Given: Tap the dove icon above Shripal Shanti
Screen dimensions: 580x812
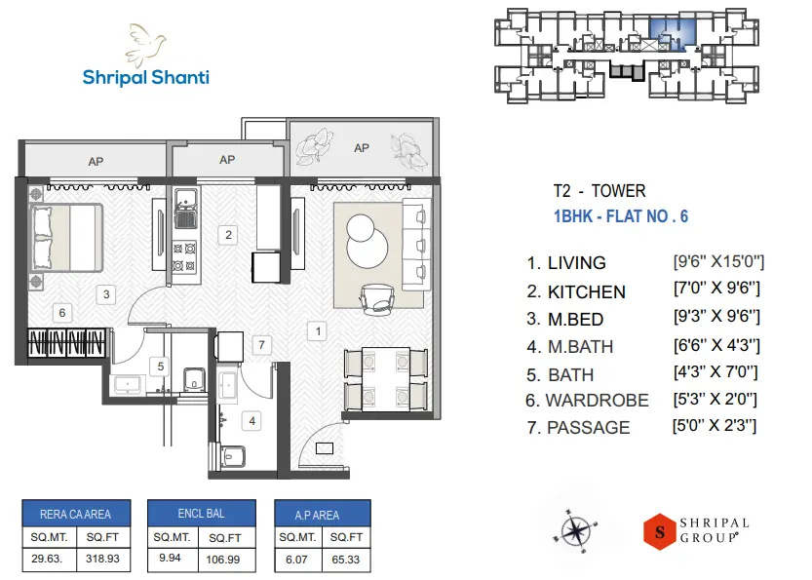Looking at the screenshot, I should pyautogui.click(x=146, y=42).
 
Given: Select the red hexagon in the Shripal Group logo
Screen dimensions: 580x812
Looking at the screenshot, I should pyautogui.click(x=660, y=532).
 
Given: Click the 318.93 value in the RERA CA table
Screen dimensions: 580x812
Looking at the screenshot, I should pyautogui.click(x=101, y=560).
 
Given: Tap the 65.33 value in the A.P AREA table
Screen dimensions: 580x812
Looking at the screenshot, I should pyautogui.click(x=346, y=560).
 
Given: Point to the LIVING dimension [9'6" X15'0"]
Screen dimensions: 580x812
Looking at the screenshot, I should pyautogui.click(x=718, y=261).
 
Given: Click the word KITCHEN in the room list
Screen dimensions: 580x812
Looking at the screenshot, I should pyautogui.click(x=586, y=291).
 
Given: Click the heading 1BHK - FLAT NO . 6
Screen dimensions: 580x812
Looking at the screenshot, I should pyautogui.click(x=621, y=216).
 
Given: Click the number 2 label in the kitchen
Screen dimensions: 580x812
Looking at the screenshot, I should pyautogui.click(x=228, y=234).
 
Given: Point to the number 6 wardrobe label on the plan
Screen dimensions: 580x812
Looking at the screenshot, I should pyautogui.click(x=62, y=313).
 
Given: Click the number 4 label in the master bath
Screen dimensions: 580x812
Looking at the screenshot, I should pyautogui.click(x=252, y=421).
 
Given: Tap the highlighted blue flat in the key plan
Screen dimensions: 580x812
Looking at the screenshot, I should pyautogui.click(x=672, y=31).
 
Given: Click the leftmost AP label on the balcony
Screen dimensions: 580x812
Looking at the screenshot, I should pyautogui.click(x=96, y=162).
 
